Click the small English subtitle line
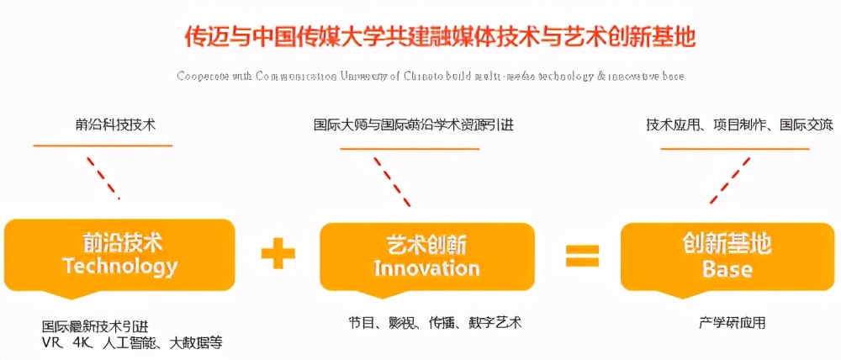(x=431, y=76)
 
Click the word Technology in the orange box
(x=119, y=267)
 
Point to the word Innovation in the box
(x=426, y=268)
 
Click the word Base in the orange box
(x=727, y=269)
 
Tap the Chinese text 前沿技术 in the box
(x=119, y=243)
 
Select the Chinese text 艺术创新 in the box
(x=426, y=245)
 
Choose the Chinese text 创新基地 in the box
(x=727, y=245)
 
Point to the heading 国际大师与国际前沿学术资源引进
(x=412, y=125)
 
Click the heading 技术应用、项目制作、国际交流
(x=739, y=125)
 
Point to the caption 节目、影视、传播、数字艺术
(x=435, y=322)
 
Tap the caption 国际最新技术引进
(x=99, y=326)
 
